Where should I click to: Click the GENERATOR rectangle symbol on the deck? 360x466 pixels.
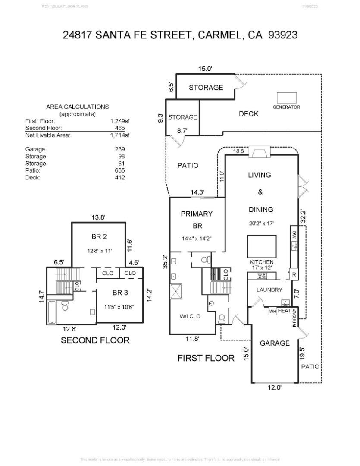286,98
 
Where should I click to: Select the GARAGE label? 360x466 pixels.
275,343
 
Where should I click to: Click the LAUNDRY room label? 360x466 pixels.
269,290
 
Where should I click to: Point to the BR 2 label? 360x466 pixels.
99,236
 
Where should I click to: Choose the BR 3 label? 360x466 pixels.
120,293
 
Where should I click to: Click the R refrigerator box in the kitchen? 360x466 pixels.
294,274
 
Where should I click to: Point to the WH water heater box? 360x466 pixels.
272,311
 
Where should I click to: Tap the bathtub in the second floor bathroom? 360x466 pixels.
51,312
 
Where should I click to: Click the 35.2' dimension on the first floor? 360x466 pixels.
164,261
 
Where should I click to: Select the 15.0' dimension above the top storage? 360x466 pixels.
205,69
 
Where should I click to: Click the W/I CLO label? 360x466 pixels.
190,316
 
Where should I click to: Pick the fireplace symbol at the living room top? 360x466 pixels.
260,153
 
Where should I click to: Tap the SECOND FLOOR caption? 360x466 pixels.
95,340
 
